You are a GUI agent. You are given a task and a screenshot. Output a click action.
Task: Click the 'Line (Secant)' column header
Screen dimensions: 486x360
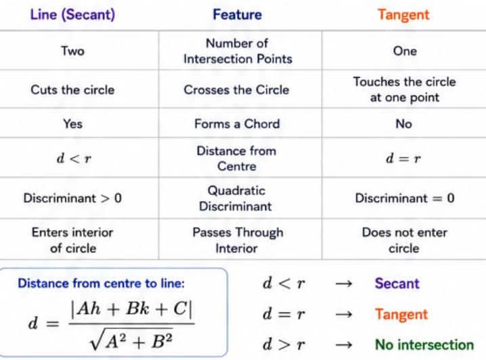72,15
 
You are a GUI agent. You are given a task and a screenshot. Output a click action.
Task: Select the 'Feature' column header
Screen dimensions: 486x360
238,15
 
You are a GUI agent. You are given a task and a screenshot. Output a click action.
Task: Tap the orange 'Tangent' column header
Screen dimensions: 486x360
403,15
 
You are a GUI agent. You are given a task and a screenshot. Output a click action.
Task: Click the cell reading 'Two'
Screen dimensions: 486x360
73,51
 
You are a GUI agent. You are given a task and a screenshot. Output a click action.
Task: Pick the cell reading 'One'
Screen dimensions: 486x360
405,51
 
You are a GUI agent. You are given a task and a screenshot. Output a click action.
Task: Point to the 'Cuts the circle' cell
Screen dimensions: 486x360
72,90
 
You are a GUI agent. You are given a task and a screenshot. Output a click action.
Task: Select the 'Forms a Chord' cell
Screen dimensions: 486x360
237,124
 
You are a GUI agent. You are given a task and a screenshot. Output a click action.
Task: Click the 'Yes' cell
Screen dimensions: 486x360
73,124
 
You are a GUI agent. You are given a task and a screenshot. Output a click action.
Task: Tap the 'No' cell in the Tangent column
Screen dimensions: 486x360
404,124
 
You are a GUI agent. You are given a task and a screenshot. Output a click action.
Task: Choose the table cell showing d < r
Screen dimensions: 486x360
74,158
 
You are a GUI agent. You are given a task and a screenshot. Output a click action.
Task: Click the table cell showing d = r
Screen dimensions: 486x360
403,158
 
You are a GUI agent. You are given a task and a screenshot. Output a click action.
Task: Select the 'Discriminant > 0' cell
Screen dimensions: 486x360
72,198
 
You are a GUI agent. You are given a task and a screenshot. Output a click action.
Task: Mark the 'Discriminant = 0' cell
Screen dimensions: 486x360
405,198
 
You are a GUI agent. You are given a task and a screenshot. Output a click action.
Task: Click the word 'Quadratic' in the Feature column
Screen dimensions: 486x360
236,191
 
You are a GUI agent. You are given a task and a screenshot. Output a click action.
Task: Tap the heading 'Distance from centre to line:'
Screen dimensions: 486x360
101,283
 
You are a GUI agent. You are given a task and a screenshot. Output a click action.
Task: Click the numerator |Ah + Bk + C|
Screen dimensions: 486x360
132,309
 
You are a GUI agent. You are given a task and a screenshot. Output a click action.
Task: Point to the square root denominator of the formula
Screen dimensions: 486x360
131,340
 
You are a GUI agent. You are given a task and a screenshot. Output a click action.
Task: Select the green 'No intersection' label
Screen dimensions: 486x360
424,344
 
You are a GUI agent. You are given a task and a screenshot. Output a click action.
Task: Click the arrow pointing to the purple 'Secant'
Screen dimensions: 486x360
344,284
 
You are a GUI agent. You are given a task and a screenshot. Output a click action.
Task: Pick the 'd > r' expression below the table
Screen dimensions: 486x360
284,344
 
